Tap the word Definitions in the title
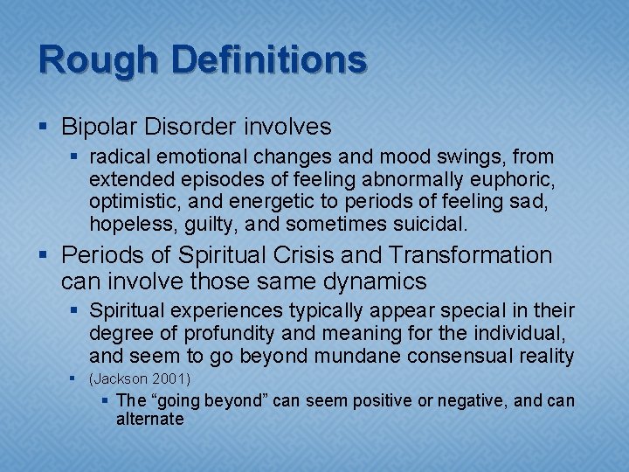(x=268, y=60)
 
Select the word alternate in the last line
(x=149, y=420)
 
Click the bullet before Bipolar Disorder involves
(x=45, y=128)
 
